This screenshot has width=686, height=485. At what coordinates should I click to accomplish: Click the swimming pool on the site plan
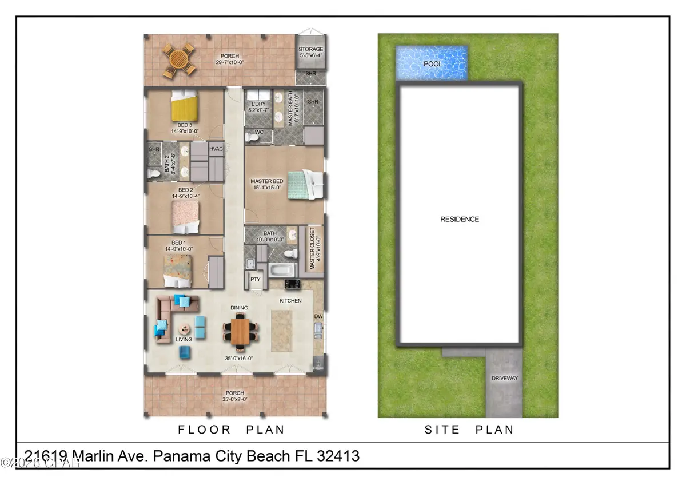(432, 63)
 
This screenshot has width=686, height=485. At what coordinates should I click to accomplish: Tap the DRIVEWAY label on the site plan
(504, 378)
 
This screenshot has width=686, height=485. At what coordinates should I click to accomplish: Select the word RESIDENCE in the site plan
(459, 219)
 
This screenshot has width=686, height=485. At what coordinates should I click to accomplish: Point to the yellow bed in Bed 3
(185, 107)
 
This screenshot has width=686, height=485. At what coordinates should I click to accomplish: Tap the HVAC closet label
(216, 149)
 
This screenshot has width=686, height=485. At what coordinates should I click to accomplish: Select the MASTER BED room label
(266, 182)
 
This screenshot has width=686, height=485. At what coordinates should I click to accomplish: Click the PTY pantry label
(255, 280)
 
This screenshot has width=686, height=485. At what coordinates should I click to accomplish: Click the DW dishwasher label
(318, 316)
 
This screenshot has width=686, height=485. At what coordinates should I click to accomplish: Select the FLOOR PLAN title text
(231, 429)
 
